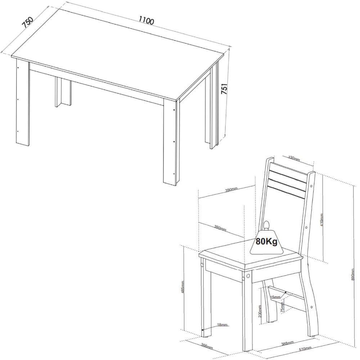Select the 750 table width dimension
point(27,22)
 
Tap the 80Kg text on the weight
point(266,241)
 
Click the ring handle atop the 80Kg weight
point(267,225)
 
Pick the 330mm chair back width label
point(294,158)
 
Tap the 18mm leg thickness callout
point(222,325)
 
